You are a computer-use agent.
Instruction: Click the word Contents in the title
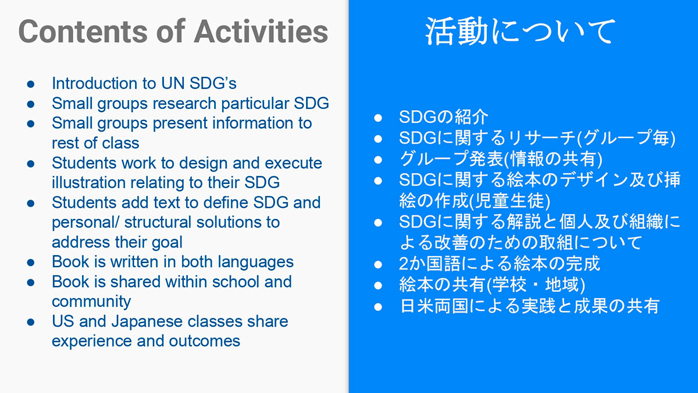click(x=83, y=31)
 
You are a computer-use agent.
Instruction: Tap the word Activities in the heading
click(x=261, y=31)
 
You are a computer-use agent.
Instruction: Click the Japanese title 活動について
click(x=521, y=31)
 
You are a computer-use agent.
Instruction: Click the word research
click(x=184, y=104)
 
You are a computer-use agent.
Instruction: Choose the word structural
click(x=158, y=222)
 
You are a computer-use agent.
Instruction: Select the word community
click(x=91, y=302)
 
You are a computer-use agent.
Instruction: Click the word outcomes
click(x=204, y=341)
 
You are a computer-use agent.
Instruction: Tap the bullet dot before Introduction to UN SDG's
click(x=30, y=84)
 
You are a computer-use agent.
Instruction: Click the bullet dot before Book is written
click(x=30, y=263)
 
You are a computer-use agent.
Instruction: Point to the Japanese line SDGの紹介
click(x=443, y=117)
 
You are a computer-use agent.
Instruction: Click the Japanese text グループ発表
click(x=451, y=159)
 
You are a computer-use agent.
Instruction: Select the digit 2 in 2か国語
click(x=404, y=264)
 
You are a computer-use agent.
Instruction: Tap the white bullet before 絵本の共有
click(x=378, y=285)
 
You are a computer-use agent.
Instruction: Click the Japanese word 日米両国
click(x=434, y=306)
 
